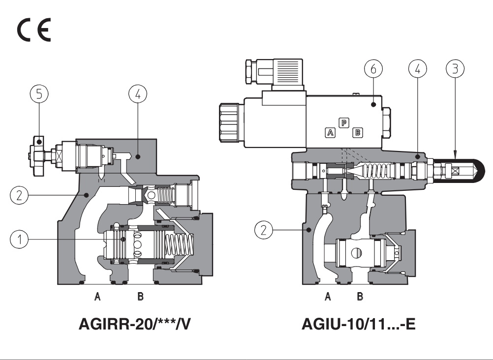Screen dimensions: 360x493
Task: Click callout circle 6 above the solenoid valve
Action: (373, 70)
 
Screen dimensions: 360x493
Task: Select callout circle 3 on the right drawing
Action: (455, 70)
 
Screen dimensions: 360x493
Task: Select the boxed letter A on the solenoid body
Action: (331, 132)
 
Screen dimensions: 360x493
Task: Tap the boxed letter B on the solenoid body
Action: (358, 132)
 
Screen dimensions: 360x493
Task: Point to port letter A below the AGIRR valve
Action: (98, 297)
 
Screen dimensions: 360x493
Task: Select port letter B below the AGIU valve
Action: (360, 297)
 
